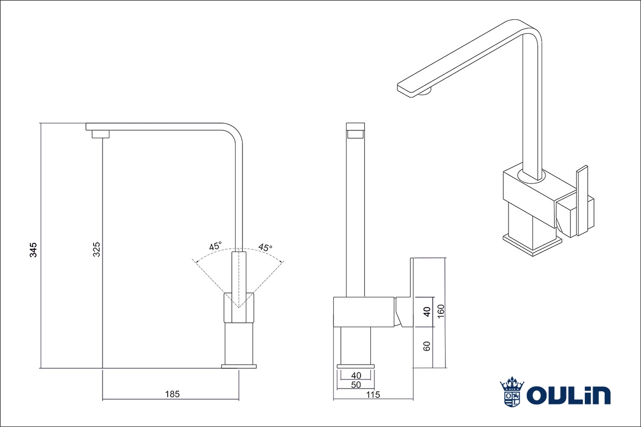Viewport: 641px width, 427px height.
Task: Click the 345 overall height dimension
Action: [x=33, y=250]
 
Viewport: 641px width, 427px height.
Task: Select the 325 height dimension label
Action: [x=96, y=249]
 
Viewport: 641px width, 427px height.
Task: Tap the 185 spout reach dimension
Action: [x=172, y=394]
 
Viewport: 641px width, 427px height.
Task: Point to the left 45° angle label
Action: [x=215, y=247]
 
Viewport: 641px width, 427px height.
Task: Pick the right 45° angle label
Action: [x=265, y=247]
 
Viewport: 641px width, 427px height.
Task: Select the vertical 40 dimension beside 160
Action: [x=426, y=312]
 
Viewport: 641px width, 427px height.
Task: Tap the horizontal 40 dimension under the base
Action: [x=356, y=376]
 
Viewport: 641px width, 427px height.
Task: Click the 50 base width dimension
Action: [x=356, y=385]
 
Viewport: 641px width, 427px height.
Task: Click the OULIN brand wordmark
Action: [x=568, y=396]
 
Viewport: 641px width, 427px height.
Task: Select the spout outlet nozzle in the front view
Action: [x=100, y=134]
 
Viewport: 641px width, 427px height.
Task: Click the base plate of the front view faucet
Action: [x=239, y=366]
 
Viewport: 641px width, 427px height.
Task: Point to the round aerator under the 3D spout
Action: [x=426, y=94]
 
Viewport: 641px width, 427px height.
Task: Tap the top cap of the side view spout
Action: [x=356, y=127]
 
